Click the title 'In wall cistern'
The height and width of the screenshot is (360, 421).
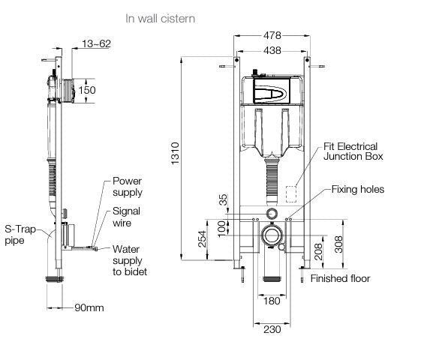coord(160,18)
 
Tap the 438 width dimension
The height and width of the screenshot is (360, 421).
coord(271,50)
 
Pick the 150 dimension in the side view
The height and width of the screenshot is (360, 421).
coord(88,91)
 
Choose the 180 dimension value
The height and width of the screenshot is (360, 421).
coord(271,301)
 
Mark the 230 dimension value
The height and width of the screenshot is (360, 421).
coord(271,328)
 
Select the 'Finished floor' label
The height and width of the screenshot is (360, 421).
coord(340,278)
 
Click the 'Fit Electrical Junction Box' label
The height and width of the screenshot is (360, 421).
coord(351,151)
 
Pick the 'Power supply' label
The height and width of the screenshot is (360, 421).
coord(127,186)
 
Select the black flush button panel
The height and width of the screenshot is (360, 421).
coord(267,92)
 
